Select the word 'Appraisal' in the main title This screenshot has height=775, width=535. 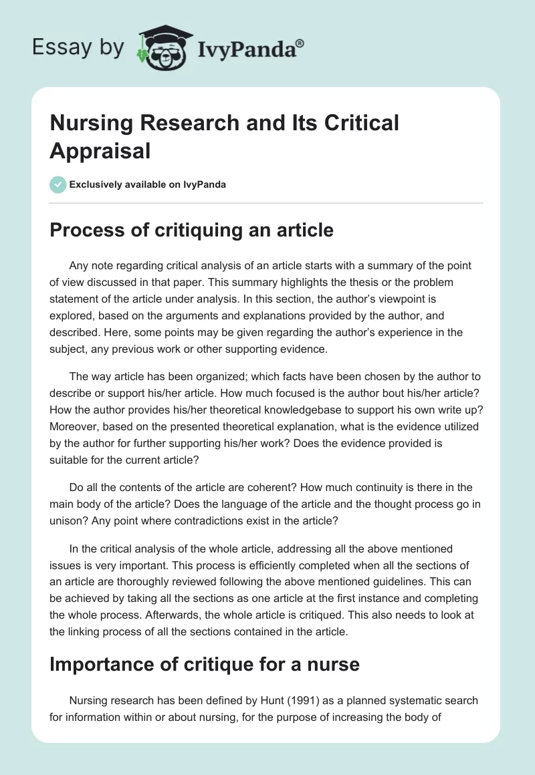click(100, 150)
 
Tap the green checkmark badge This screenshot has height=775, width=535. click(58, 184)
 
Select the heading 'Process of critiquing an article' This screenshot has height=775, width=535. click(191, 230)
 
